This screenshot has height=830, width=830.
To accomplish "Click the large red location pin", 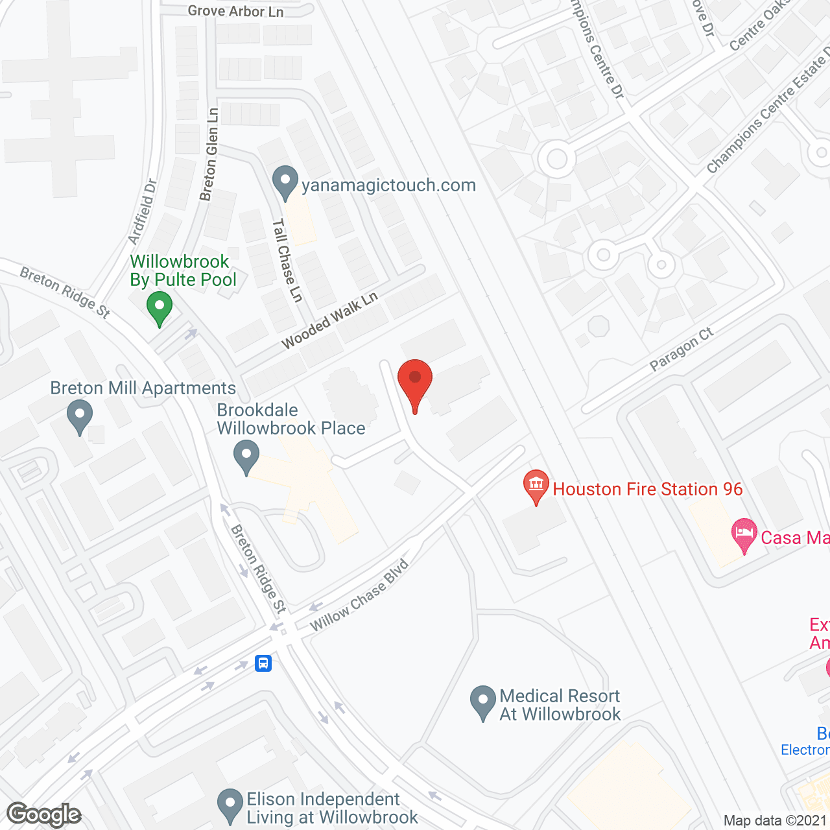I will click(415, 383).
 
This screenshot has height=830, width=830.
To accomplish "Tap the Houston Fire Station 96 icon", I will click(536, 486).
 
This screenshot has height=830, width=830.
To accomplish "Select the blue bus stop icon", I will click(263, 663).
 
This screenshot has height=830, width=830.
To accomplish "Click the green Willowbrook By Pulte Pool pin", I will click(159, 307).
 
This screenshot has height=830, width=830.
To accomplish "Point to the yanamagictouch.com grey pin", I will click(285, 182).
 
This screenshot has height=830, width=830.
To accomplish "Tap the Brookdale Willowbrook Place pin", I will click(246, 456).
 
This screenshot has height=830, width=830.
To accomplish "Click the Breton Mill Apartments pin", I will click(80, 416).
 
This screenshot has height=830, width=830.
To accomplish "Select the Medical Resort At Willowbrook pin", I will click(482, 702).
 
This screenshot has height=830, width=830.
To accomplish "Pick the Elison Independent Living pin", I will click(230, 805).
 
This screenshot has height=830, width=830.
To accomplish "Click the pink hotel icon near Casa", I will click(744, 535).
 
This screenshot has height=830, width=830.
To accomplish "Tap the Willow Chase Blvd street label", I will click(359, 595).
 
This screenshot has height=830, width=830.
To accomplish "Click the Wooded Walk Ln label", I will click(329, 320).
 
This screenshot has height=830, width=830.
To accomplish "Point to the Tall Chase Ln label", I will click(287, 260).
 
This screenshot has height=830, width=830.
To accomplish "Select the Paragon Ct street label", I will click(681, 350).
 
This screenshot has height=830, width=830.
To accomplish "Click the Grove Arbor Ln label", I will click(235, 11).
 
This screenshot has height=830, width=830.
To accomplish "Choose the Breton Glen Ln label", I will click(209, 154).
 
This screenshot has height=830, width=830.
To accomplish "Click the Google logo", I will click(44, 814).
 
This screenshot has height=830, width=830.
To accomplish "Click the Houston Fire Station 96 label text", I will click(647, 489).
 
